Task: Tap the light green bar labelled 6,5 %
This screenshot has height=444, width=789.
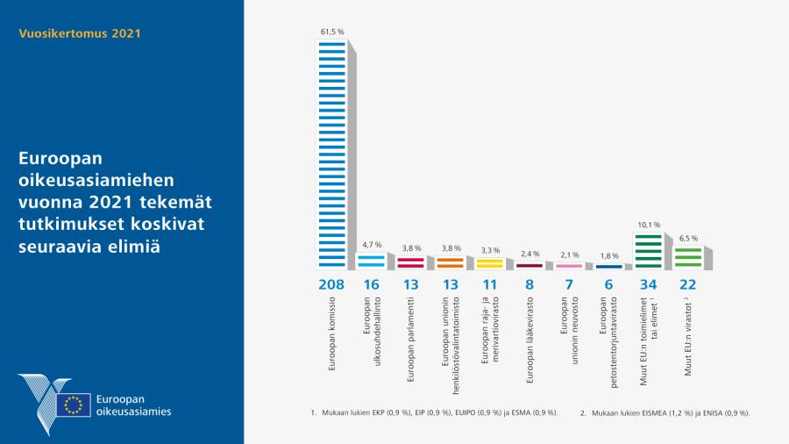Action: click(687, 256)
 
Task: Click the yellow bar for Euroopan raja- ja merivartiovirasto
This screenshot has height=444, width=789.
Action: click(489, 262)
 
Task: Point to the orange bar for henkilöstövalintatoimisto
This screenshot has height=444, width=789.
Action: click(450, 261)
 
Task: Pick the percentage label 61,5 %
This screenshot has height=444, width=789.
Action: click(331, 32)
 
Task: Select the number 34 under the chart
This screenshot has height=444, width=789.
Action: click(649, 285)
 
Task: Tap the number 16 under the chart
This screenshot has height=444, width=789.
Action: click(371, 285)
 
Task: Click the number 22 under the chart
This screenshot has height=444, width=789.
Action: click(688, 285)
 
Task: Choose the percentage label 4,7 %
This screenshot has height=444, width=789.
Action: click(371, 245)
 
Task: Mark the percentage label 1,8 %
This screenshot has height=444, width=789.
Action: click(608, 255)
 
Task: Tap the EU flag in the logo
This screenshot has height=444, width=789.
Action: click(74, 405)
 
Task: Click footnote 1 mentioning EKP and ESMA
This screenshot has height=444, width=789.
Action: click(435, 412)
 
